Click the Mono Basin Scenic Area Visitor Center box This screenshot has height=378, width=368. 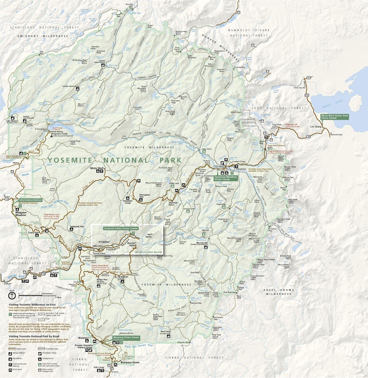coord(335,117)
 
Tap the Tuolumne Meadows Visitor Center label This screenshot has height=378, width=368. coord(226,178)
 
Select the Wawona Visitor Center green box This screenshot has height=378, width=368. coord(126,338)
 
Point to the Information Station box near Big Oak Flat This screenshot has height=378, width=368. coord(30,200)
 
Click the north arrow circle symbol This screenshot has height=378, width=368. coord(12,297)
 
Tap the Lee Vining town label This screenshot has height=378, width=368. coord(315,126)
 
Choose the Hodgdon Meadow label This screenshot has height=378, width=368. coord(21,214)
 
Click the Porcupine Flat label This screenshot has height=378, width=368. coord(145,196)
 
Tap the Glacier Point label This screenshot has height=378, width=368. coord(133,244)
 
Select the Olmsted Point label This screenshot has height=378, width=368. coord(173,204)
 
